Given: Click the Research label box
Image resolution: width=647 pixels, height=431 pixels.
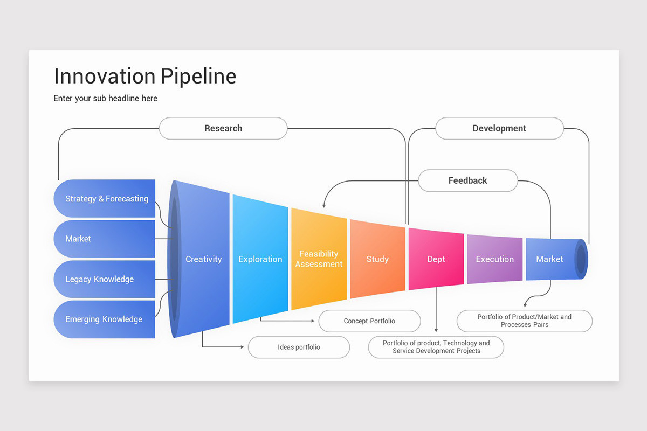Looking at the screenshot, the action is pyautogui.click(x=223, y=128).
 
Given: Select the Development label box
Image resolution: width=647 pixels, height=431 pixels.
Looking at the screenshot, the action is pyautogui.click(x=499, y=128).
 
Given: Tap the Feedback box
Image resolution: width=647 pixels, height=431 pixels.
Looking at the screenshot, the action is pyautogui.click(x=467, y=180).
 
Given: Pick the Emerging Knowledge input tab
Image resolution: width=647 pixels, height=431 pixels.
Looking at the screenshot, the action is pyautogui.click(x=104, y=319).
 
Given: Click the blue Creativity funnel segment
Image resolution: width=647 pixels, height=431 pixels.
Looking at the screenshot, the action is pyautogui.click(x=204, y=259).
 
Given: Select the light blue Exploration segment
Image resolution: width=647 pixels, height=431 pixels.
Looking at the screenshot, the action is pyautogui.click(x=260, y=259).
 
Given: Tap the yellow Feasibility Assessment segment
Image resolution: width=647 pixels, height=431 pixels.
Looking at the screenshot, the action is pyautogui.click(x=319, y=259).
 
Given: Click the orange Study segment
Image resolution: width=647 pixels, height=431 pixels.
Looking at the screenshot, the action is pyautogui.click(x=377, y=259).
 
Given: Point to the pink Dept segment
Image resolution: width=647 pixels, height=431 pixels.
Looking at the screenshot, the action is pyautogui.click(x=436, y=259).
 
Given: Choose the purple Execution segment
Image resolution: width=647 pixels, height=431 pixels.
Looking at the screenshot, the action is pyautogui.click(x=494, y=259).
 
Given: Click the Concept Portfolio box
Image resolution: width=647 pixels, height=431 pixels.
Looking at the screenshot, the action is pyautogui.click(x=369, y=321).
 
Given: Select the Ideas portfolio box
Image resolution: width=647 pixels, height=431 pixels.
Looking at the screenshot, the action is pyautogui.click(x=299, y=347).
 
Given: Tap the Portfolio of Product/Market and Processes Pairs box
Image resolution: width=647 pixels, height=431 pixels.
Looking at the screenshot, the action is pyautogui.click(x=524, y=321).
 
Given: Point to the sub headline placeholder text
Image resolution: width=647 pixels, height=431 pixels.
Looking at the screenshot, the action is pyautogui.click(x=106, y=98).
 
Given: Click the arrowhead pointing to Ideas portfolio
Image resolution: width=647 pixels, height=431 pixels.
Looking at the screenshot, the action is pyautogui.click(x=242, y=347).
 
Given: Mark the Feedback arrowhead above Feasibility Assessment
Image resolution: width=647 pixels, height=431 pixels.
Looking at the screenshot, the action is pyautogui.click(x=323, y=205).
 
